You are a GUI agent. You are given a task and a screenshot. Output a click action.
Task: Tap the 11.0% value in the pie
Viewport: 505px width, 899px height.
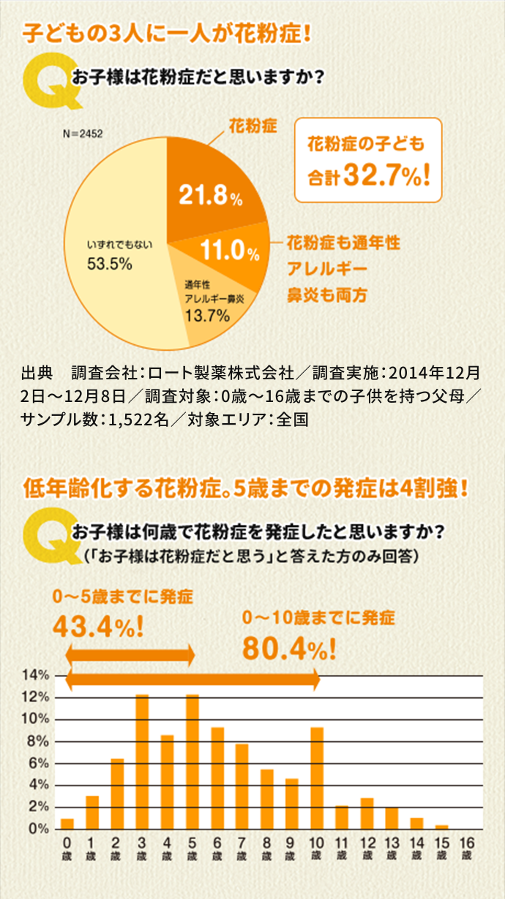(x=230, y=252)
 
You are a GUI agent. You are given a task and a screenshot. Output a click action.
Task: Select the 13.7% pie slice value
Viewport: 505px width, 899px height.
(x=208, y=316)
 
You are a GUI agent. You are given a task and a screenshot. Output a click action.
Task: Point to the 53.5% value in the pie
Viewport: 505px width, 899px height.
(x=110, y=264)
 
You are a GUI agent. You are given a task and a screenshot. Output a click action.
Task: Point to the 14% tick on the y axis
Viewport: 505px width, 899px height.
(x=35, y=675)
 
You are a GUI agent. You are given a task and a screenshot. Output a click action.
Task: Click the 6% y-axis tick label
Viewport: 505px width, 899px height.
(x=38, y=763)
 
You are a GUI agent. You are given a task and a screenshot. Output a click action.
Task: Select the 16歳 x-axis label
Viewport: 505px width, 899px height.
(x=466, y=847)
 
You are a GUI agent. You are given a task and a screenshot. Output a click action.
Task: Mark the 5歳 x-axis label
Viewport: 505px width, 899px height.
(x=192, y=847)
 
